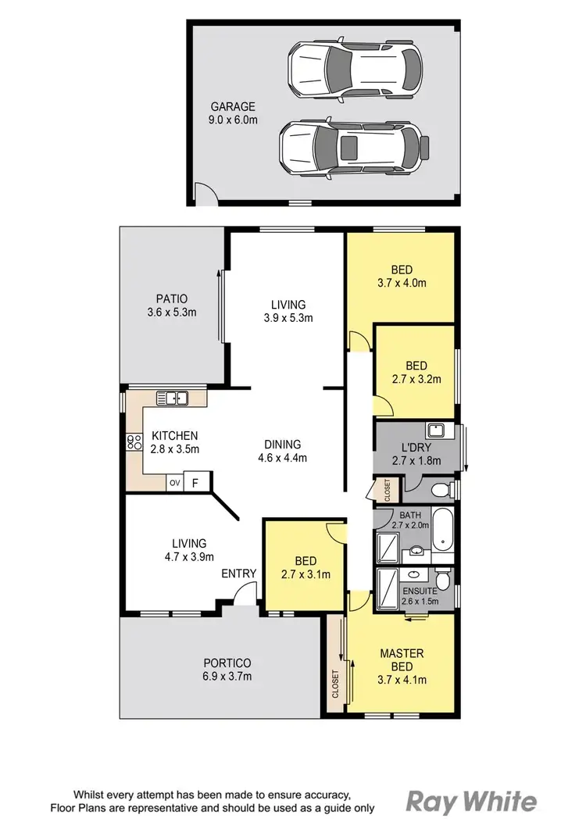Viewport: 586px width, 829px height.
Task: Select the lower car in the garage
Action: click(354, 146)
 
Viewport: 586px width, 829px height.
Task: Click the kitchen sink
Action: click(173, 398)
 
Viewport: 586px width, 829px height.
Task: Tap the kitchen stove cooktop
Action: click(130, 443)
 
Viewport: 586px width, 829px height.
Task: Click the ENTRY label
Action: click(238, 574)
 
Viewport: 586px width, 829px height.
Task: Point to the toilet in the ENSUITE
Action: click(442, 579)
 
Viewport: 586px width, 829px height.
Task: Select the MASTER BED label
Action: click(402, 659)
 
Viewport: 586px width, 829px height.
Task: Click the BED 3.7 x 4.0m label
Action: click(402, 277)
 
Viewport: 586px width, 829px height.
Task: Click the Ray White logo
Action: click(472, 802)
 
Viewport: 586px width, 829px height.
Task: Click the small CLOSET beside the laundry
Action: click(387, 490)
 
